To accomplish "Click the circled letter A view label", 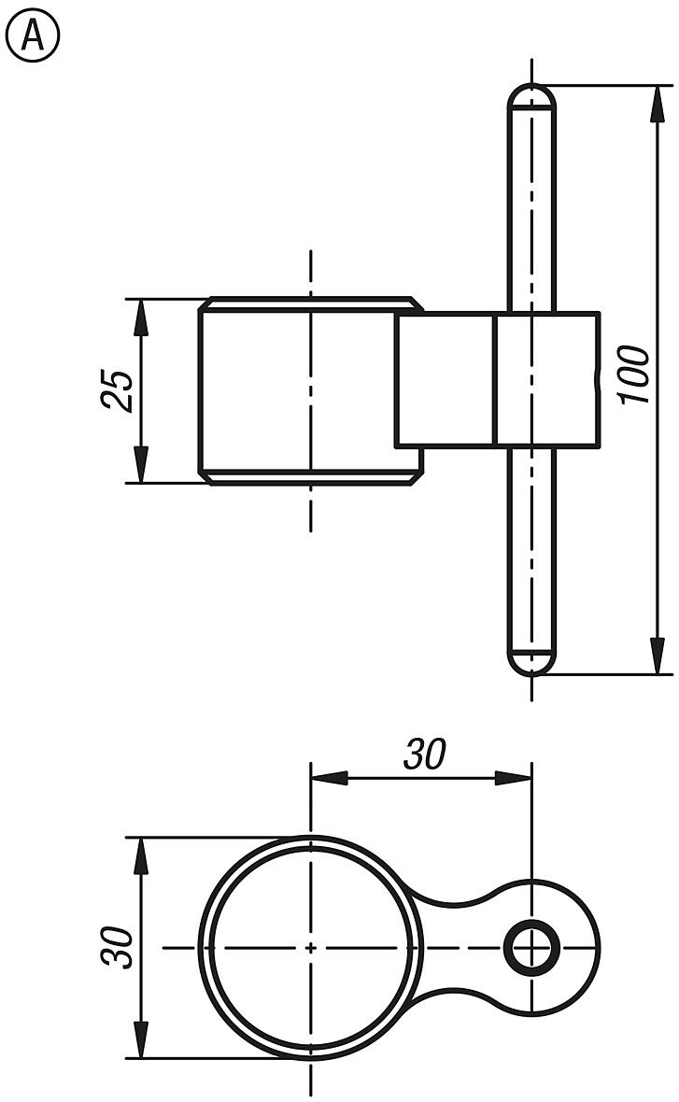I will pyautogui.click(x=33, y=36).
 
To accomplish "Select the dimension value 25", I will pyautogui.click(x=117, y=390).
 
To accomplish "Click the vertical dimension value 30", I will pyautogui.click(x=117, y=947).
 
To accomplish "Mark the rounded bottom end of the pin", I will pyautogui.click(x=531, y=661).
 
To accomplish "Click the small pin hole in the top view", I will pyautogui.click(x=530, y=947).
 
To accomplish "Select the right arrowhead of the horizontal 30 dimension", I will pyautogui.click(x=513, y=777).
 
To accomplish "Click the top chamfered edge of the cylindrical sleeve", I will pyautogui.click(x=310, y=304).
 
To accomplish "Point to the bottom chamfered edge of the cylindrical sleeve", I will pyautogui.click(x=310, y=477).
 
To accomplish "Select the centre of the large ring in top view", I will pyautogui.click(x=310, y=947).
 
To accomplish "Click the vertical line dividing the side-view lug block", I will pyautogui.click(x=494, y=379).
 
